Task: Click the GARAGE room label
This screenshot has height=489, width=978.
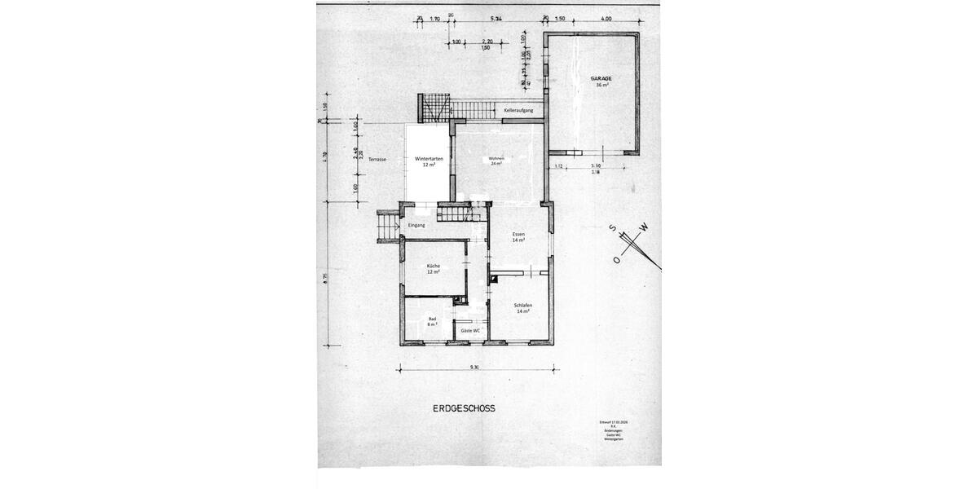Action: click(x=601, y=78)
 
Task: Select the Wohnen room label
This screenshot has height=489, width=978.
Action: click(x=496, y=158)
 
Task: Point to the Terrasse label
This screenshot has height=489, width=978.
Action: click(x=377, y=159)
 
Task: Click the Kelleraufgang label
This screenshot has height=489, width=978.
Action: click(x=518, y=109)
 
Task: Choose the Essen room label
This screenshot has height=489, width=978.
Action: click(x=518, y=234)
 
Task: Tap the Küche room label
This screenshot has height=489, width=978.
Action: click(x=434, y=267)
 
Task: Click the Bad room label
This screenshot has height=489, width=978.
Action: click(x=432, y=319)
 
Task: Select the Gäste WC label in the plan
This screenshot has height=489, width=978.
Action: click(x=470, y=330)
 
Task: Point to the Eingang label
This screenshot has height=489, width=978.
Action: click(x=416, y=225)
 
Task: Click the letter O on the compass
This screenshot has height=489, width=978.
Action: click(x=616, y=261)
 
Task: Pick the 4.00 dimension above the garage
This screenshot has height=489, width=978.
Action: click(x=606, y=18)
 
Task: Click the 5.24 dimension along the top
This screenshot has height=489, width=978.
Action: click(x=496, y=18)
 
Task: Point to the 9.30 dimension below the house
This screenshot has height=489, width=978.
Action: click(x=474, y=368)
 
